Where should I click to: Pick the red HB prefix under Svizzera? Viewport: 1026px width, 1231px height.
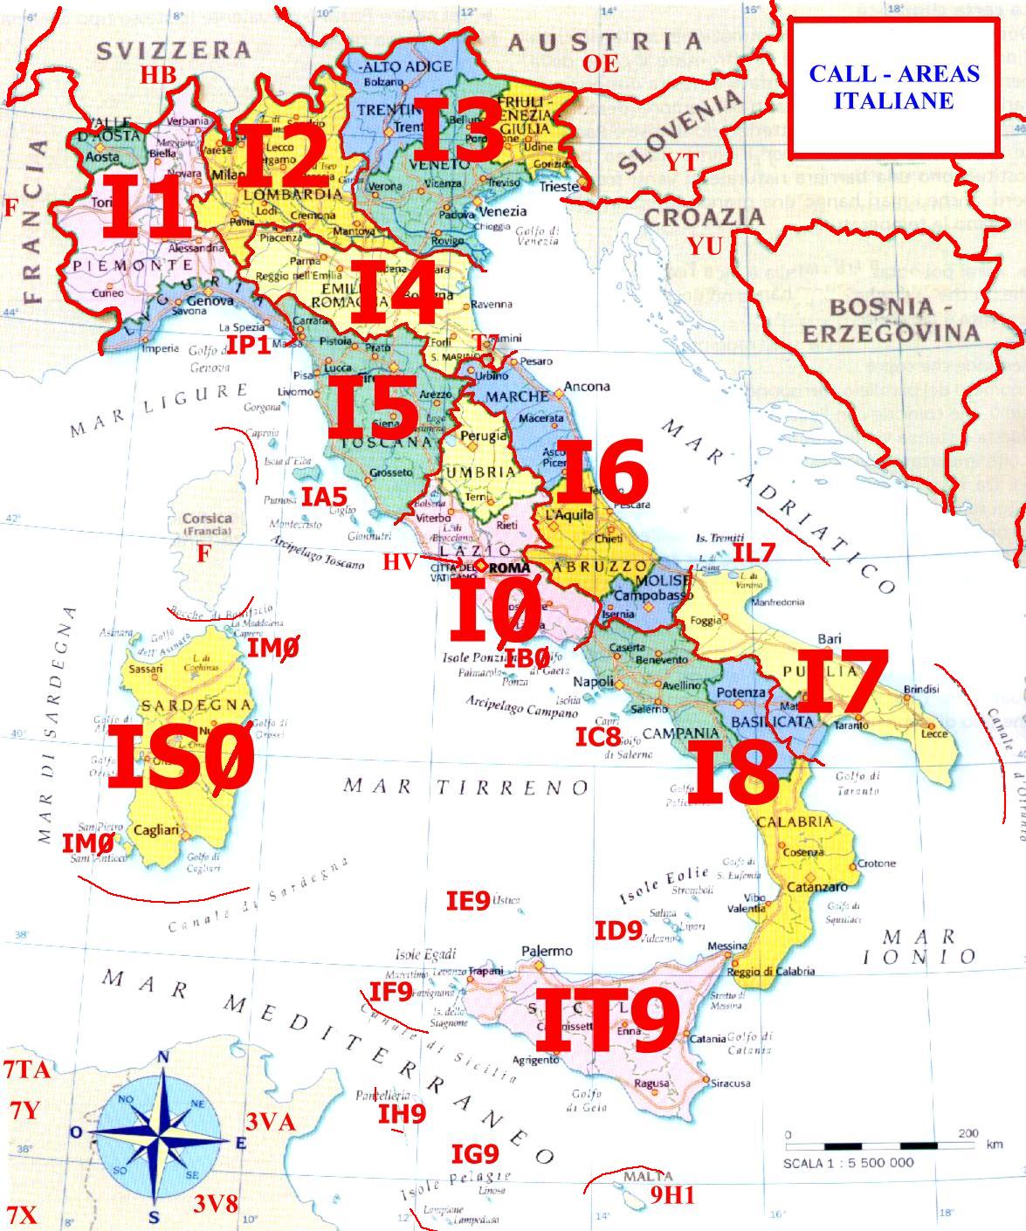[159, 75]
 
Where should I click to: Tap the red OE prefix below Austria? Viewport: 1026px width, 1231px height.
[601, 63]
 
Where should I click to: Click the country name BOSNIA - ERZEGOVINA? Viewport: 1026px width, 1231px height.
[891, 320]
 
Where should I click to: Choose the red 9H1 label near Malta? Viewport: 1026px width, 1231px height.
[672, 1195]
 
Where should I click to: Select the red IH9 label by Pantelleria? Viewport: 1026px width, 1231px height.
[402, 1113]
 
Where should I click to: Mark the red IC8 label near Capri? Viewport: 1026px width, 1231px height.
[597, 737]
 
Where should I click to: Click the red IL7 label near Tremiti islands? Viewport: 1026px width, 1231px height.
[754, 553]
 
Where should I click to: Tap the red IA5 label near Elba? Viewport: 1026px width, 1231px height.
[325, 497]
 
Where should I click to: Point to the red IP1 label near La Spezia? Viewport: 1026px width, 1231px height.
[250, 345]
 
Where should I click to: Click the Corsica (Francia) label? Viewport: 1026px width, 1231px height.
[207, 524]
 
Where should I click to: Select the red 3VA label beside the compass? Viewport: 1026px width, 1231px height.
[270, 1123]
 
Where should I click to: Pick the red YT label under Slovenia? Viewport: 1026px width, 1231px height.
[680, 162]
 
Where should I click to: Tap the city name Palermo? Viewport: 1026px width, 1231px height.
[547, 951]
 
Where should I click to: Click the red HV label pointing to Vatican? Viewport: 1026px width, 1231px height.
[398, 561]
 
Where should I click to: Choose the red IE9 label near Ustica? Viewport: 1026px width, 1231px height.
[468, 901]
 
